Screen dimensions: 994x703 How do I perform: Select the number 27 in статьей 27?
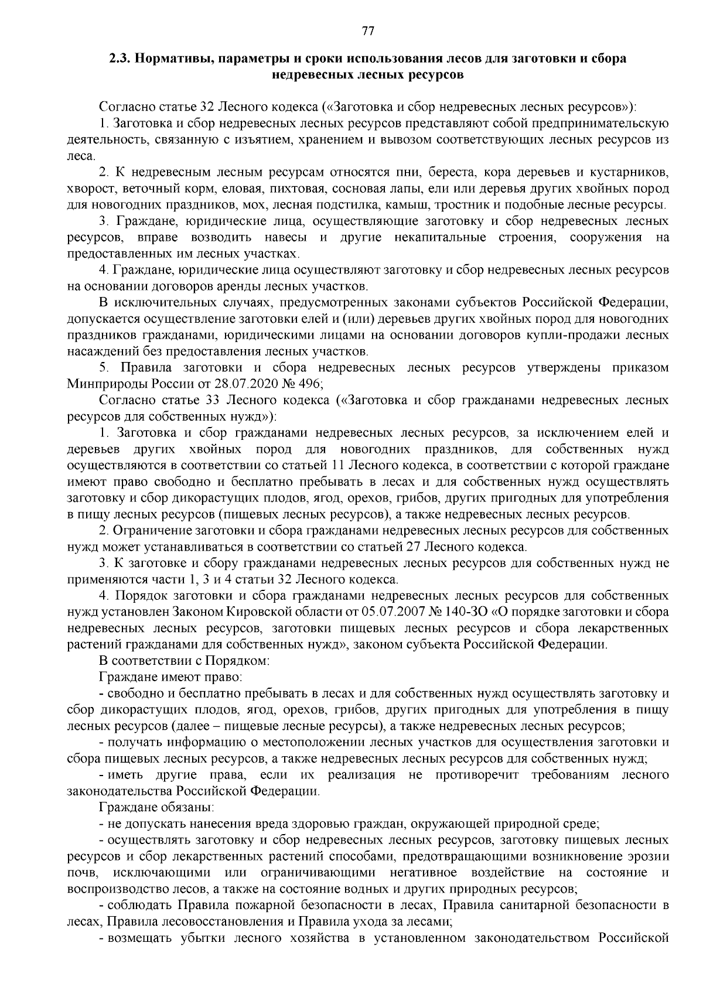coord(412,547)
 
